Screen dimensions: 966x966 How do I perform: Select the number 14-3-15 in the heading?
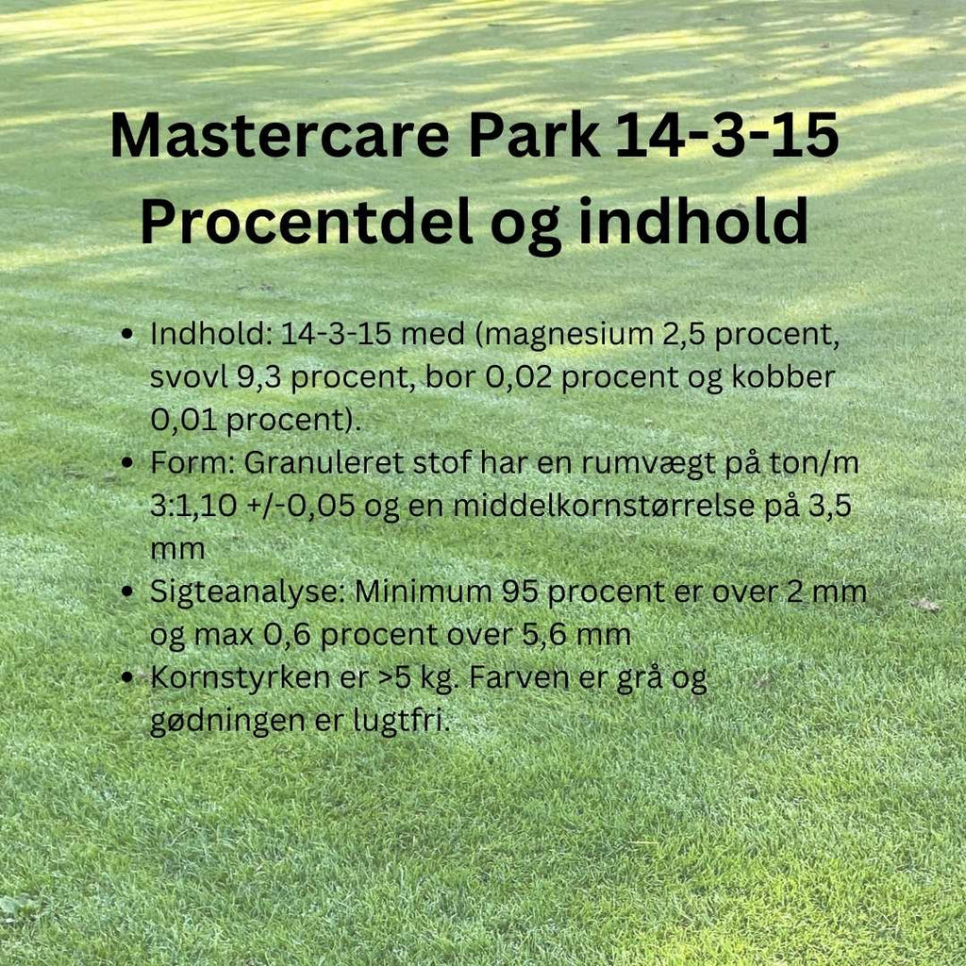point(726,135)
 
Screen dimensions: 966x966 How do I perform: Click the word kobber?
point(787,378)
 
